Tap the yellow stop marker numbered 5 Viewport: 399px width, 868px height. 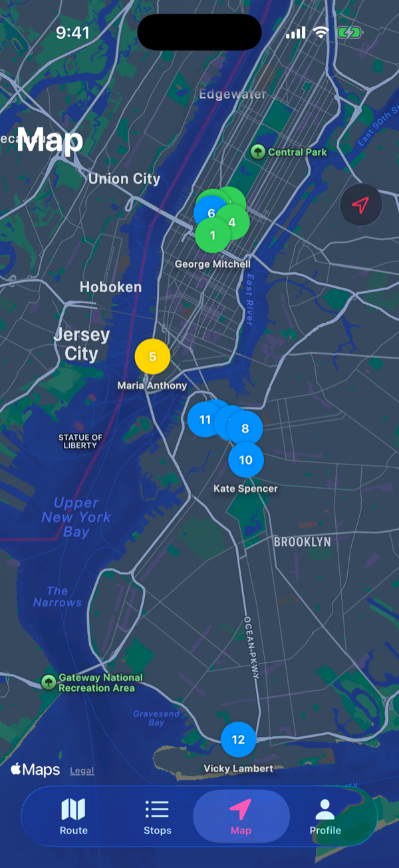pyautogui.click(x=152, y=357)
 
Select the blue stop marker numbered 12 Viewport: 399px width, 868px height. pyautogui.click(x=238, y=740)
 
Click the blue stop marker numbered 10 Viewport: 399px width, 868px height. pyautogui.click(x=246, y=460)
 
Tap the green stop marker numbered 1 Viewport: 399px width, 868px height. pyautogui.click(x=212, y=236)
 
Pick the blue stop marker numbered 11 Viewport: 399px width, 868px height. pyautogui.click(x=204, y=419)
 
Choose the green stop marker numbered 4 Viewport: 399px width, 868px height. pyautogui.click(x=232, y=222)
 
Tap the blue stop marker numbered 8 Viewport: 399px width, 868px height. pyautogui.click(x=245, y=429)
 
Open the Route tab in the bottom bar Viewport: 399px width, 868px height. pyautogui.click(x=73, y=816)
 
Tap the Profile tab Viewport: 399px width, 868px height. pyautogui.click(x=325, y=816)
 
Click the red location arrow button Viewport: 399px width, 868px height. pyautogui.click(x=360, y=205)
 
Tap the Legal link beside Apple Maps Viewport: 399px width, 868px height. pyautogui.click(x=82, y=771)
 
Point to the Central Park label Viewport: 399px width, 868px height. pyautogui.click(x=297, y=152)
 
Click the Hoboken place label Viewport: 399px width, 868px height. pyautogui.click(x=110, y=287)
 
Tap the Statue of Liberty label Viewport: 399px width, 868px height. pyautogui.click(x=80, y=441)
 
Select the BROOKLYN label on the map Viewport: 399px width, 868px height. pyautogui.click(x=302, y=542)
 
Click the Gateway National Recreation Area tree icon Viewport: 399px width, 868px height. pyautogui.click(x=48, y=682)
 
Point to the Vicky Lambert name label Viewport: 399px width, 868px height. pyautogui.click(x=238, y=769)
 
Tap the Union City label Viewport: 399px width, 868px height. pyautogui.click(x=124, y=178)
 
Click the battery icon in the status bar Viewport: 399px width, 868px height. pyautogui.click(x=349, y=32)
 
